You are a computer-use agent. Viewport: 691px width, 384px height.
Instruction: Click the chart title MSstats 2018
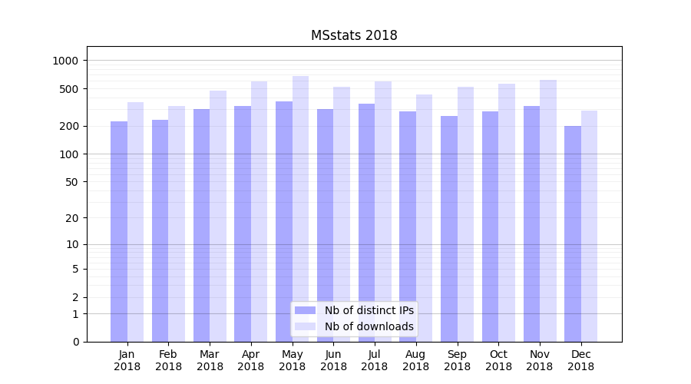pyautogui.click(x=354, y=35)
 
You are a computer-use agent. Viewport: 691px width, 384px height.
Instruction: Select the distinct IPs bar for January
pyautogui.click(x=119, y=230)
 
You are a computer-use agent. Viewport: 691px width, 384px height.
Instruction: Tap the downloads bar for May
pyautogui.click(x=300, y=207)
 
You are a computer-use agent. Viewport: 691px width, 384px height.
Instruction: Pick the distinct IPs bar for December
pyautogui.click(x=573, y=234)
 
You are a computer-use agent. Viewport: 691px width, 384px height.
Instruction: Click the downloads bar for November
pyautogui.click(x=548, y=211)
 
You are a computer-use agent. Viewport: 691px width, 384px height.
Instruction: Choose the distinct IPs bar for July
pyautogui.click(x=366, y=223)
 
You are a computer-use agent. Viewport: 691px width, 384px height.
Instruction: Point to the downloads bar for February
pyautogui.click(x=177, y=223)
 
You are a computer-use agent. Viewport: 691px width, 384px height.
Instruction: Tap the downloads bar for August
pyautogui.click(x=424, y=219)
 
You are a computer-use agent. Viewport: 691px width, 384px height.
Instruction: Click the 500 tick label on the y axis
pyautogui.click(x=68, y=89)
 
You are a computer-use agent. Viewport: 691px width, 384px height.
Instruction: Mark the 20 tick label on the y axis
pyautogui.click(x=71, y=218)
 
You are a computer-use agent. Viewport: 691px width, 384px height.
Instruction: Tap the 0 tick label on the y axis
pyautogui.click(x=74, y=342)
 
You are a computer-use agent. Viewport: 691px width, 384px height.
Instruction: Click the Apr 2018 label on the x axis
pyautogui.click(x=251, y=360)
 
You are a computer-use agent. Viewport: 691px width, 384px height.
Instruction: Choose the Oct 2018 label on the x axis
pyautogui.click(x=498, y=360)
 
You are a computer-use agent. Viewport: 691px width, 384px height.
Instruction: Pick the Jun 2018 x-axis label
pyautogui.click(x=333, y=360)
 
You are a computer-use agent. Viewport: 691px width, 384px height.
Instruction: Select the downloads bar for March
pyautogui.click(x=218, y=215)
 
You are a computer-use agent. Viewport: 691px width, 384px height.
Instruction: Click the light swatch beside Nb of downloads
pyautogui.click(x=305, y=326)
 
